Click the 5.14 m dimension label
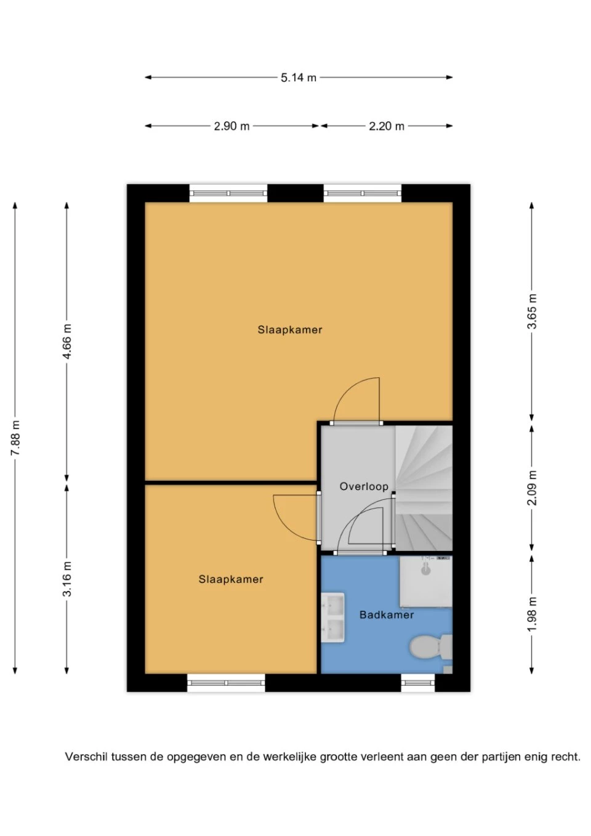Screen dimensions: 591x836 pos(299,78)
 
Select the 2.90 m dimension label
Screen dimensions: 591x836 pos(231,126)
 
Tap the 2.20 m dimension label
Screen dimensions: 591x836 pos(387,126)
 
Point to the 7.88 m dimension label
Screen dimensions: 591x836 pos(15,438)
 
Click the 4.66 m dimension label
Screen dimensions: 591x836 pos(66,342)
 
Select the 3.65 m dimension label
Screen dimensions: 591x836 pos(532,311)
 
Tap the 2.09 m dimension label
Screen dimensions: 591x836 pos(532,488)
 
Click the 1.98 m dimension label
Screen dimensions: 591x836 pos(532,614)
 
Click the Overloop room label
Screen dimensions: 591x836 pos(364,486)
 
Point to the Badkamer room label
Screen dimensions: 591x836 pos(387,614)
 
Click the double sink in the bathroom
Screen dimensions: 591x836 pos(333,617)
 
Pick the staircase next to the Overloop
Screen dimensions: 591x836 pos(424,488)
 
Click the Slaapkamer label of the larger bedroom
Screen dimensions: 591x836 pos(290,330)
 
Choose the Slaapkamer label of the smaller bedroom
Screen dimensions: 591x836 pos(231,579)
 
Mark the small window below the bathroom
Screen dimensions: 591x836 pos(418,683)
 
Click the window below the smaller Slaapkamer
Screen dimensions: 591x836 pos(226,683)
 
